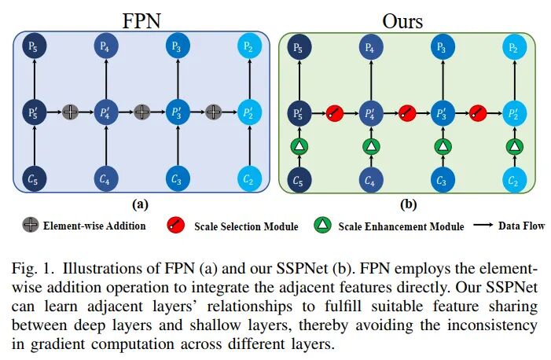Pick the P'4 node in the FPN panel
pyautogui.click(x=105, y=112)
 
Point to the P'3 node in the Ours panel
pyautogui.click(x=442, y=112)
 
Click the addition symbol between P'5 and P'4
pyautogui.click(x=70, y=112)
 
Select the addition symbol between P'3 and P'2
pyautogui.click(x=212, y=112)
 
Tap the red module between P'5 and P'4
pyautogui.click(x=334, y=112)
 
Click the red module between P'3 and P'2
pyautogui.click(x=478, y=112)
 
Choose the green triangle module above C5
pyautogui.click(x=299, y=146)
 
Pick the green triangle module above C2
pyautogui.click(x=513, y=146)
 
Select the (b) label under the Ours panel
pyautogui.click(x=407, y=205)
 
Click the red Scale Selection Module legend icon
pyautogui.click(x=176, y=226)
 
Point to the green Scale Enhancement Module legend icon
pyautogui.click(x=322, y=226)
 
